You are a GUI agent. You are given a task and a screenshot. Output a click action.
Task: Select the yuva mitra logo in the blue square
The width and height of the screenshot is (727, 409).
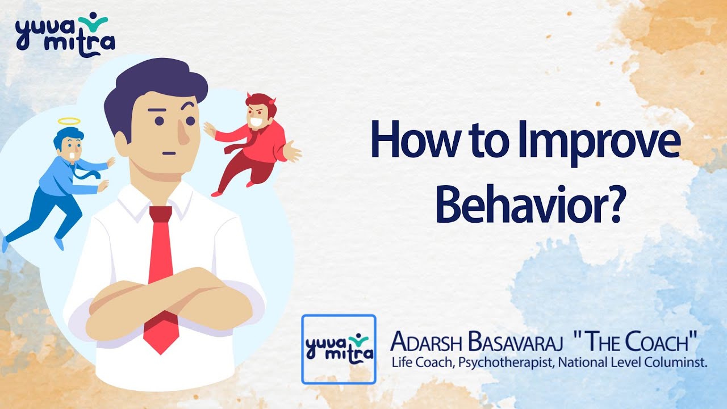(339, 349)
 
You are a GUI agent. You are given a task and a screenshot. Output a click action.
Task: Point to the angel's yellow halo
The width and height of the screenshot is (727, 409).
(70, 122)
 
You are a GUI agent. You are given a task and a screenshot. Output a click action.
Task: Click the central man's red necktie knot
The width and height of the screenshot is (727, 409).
(160, 214)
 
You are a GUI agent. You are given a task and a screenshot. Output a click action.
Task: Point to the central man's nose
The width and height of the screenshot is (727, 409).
(183, 134)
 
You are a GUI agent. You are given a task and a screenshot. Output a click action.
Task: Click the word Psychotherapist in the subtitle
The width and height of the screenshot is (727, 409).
(505, 362)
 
